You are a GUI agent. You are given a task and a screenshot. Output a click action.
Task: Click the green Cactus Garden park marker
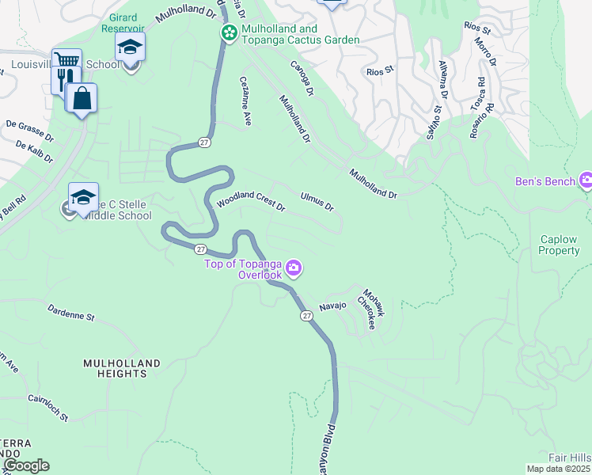pos(230,33)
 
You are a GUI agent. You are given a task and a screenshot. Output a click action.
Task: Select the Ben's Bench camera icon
pos(586,181)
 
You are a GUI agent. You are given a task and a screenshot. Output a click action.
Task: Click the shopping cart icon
pos(66,62)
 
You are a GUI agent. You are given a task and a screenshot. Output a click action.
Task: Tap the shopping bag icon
pos(81,99)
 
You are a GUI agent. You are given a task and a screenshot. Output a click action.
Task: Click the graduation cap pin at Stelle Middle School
pos(83,197)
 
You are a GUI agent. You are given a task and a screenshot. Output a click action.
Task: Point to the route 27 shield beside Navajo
pos(306,315)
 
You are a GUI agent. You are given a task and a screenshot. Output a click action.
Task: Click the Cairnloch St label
pos(47,407)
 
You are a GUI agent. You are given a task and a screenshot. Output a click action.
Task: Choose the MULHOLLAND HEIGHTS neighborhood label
pos(122,369)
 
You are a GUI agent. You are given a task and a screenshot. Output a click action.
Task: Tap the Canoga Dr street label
pos(302,79)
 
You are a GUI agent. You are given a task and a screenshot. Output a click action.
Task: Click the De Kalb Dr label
pos(34,153)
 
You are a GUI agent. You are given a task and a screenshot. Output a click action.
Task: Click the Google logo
pos(26,465)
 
